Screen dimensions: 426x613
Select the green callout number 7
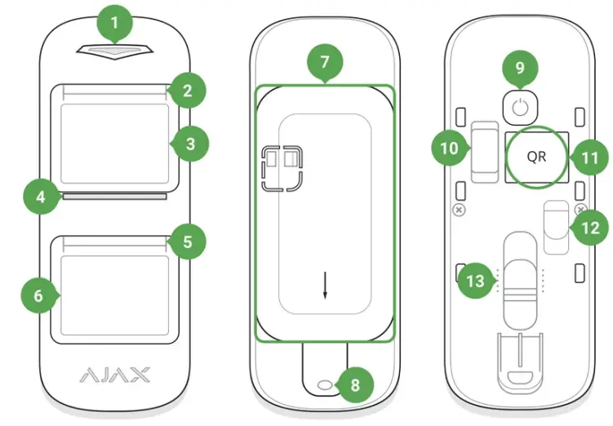pyautogui.click(x=326, y=62)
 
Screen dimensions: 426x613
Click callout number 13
pyautogui.click(x=474, y=282)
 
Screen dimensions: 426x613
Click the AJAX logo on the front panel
pyautogui.click(x=115, y=375)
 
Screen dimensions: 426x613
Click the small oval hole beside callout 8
pyautogui.click(x=326, y=384)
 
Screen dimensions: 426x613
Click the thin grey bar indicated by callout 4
pyautogui.click(x=114, y=196)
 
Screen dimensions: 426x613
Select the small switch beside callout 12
pyautogui.click(x=557, y=229)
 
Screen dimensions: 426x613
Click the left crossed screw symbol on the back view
pyautogui.click(x=459, y=210)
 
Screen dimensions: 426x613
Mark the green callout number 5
pyautogui.click(x=189, y=242)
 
